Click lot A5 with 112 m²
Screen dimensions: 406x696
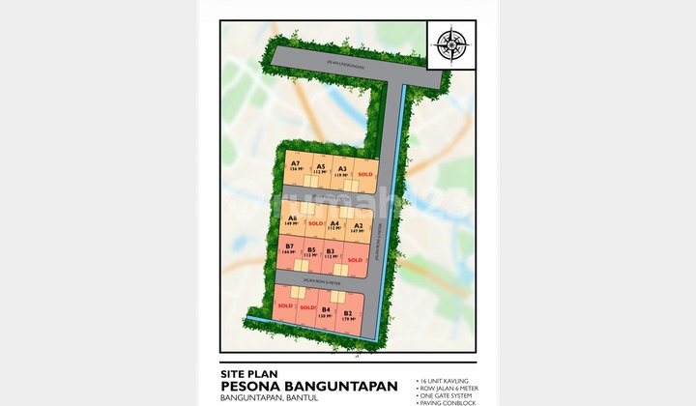click(320, 169)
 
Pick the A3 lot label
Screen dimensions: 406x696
click(342, 171)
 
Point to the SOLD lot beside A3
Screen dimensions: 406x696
click(364, 174)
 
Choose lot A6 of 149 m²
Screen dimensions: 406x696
click(292, 221)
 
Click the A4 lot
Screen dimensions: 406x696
click(334, 225)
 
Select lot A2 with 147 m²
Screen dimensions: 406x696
click(357, 228)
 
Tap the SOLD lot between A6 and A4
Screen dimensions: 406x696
click(315, 223)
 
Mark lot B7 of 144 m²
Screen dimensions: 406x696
click(289, 249)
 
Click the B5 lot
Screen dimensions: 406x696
click(311, 253)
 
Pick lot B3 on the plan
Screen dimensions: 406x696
click(331, 254)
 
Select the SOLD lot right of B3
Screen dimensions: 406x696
click(355, 259)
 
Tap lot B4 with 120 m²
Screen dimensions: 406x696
click(326, 312)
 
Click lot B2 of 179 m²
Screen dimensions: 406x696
click(347, 315)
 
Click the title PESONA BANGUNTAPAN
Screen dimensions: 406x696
click(309, 386)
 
